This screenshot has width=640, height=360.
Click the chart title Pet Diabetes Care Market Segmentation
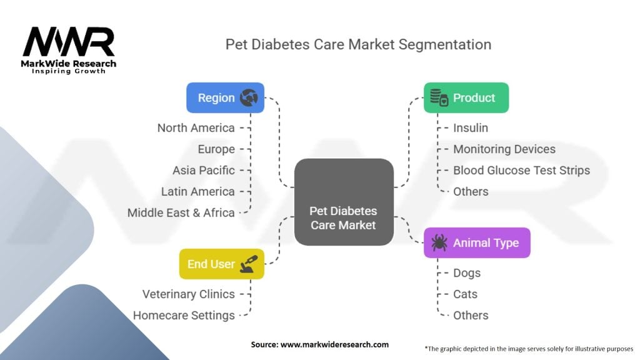point(358,44)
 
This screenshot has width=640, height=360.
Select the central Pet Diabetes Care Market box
point(343,202)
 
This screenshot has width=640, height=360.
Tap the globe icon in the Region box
point(248,97)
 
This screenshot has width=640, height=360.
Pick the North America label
point(196,128)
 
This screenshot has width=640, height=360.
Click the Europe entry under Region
point(216,149)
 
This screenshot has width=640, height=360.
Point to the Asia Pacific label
point(204,170)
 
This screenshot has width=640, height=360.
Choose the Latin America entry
point(197,191)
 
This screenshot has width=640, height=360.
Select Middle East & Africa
point(181,212)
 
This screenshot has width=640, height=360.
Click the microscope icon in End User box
point(248,264)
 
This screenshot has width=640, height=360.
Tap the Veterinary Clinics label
point(188,294)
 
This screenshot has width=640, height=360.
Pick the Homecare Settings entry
point(184,315)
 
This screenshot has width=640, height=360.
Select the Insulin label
point(471,128)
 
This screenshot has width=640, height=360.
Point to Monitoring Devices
point(504,149)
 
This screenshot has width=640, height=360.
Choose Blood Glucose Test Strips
point(521,170)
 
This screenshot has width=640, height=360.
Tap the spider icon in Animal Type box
point(438,242)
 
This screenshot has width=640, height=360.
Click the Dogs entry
point(467,273)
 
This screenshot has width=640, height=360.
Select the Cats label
point(465,294)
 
